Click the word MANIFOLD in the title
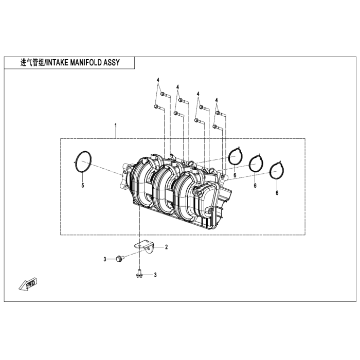[x=86, y=62]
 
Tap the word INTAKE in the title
[x=57, y=62]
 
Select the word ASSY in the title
[x=112, y=62]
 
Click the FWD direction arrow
[x=28, y=285]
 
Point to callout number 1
[x=116, y=125]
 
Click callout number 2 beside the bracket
[x=167, y=247]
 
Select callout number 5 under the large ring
[x=83, y=185]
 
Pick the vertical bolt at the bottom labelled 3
[x=139, y=273]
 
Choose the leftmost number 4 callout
[x=158, y=80]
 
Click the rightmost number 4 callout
[x=217, y=100]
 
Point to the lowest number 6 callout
[x=277, y=193]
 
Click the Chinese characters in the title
[x=32, y=62]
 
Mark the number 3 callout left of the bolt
[x=105, y=259]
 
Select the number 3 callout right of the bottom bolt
[x=155, y=275]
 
